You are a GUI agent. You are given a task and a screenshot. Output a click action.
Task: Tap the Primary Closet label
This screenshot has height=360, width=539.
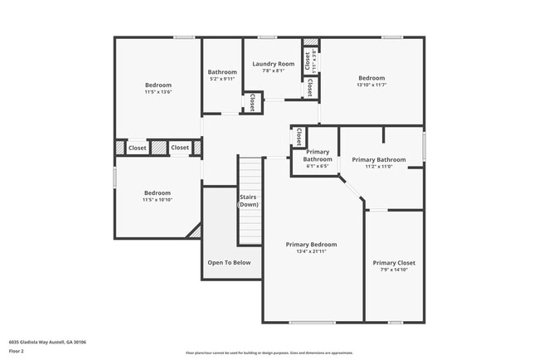click(x=394, y=263)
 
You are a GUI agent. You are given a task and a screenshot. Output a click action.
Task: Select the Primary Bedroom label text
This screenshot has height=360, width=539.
click(x=311, y=245)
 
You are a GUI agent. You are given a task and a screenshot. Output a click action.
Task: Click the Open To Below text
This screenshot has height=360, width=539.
click(x=229, y=263)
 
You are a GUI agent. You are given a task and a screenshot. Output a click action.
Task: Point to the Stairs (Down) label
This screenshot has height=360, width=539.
click(x=249, y=200)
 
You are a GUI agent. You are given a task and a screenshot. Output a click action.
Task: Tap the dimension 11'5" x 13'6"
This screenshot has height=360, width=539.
click(x=158, y=92)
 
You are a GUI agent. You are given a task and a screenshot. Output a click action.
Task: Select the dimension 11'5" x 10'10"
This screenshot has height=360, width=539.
click(x=158, y=200)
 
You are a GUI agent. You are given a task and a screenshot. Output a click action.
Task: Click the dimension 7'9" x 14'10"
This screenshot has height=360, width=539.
click(x=394, y=270)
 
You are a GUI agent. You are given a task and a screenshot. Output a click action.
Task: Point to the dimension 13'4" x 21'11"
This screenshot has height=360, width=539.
click(x=311, y=252)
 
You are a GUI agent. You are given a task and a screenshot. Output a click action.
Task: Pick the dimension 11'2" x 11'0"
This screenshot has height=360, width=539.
click(x=378, y=167)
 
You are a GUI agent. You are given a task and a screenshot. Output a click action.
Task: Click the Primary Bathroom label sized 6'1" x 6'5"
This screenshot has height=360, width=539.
click(x=318, y=155)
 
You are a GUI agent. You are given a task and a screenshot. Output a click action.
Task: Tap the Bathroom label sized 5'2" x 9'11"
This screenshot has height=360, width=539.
click(x=222, y=72)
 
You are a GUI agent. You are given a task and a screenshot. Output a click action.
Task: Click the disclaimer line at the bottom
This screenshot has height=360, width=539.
click(x=269, y=353)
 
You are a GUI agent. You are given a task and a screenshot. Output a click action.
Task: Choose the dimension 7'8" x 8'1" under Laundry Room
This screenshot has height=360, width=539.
click(x=274, y=71)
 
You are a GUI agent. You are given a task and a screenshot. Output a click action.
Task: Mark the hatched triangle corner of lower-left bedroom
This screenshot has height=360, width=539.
click(x=196, y=231)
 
